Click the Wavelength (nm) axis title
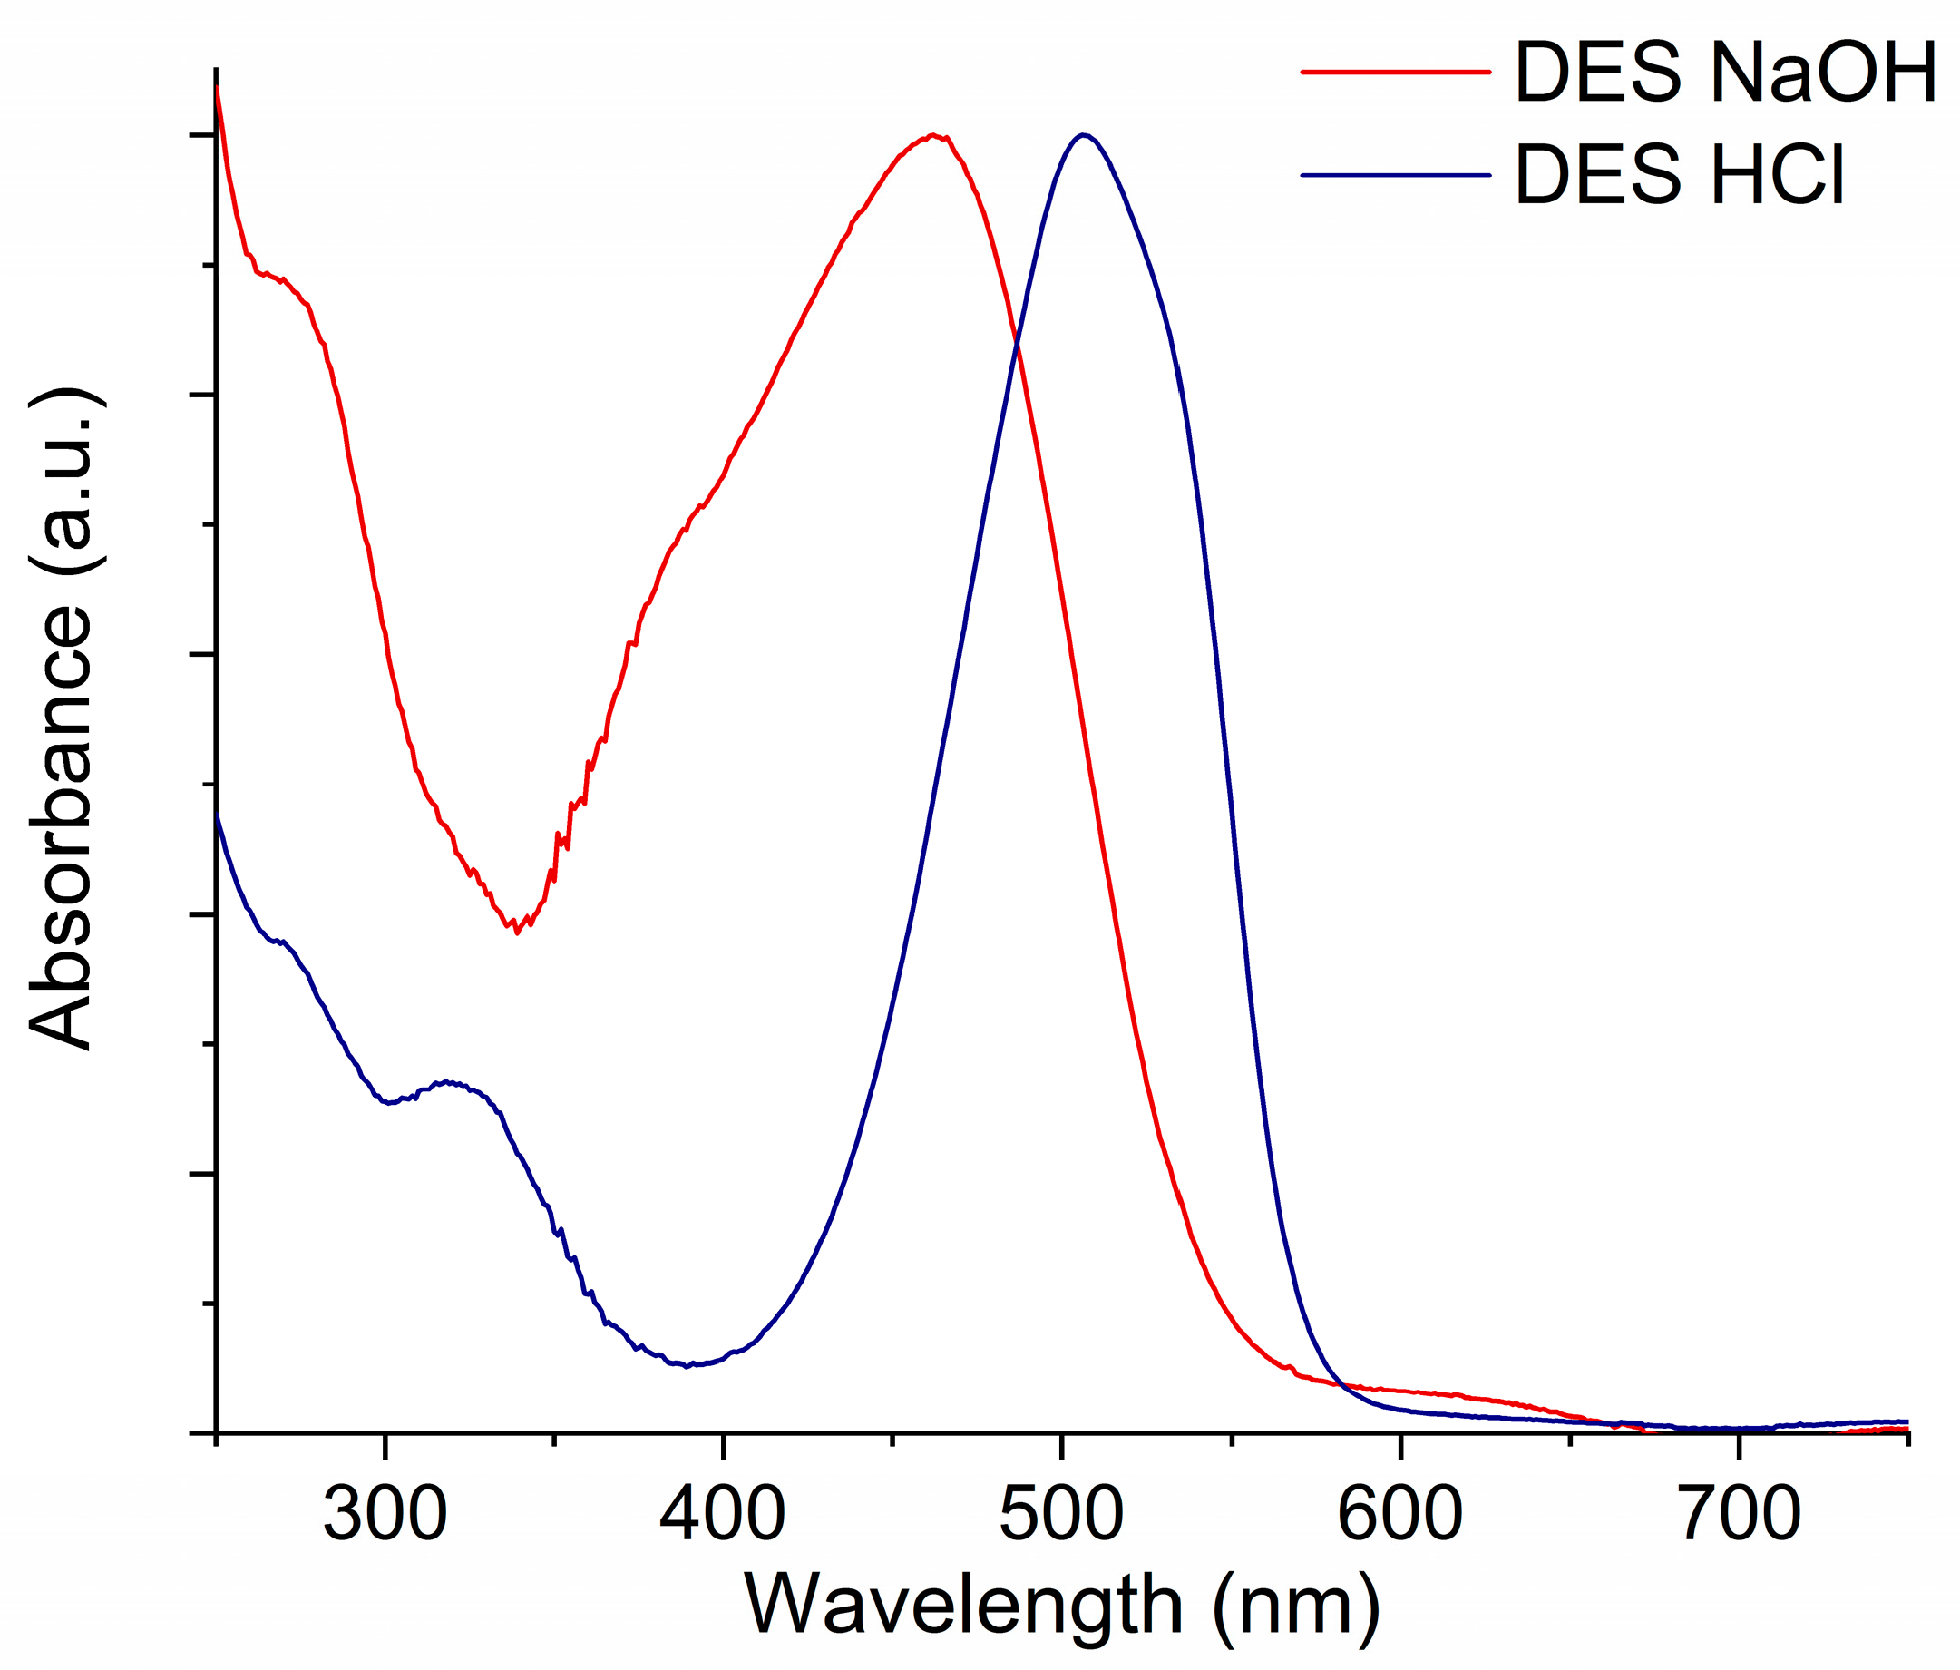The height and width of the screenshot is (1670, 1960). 1061,1606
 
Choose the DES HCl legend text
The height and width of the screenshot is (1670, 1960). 1680,175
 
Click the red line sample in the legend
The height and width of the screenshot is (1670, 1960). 1395,72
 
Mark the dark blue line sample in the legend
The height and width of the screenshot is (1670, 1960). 1395,175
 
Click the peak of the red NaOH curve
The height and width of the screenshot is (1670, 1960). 933,135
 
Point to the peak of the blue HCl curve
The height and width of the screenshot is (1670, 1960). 1082,134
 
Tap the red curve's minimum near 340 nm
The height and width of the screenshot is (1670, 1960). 516,933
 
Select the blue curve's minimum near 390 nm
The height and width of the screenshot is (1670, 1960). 687,1365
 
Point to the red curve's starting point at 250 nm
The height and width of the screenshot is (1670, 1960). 217,87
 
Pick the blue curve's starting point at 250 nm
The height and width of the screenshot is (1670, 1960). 217,814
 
